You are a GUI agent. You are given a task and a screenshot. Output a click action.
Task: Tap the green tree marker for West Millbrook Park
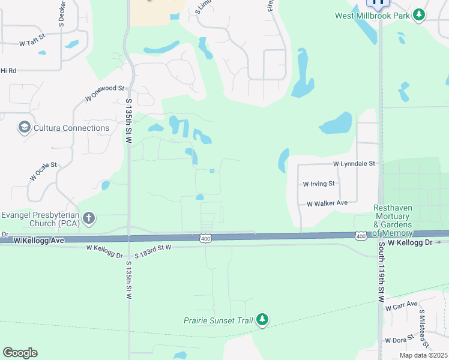pos(418,16)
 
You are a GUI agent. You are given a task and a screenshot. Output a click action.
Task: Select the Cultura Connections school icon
pos(24,128)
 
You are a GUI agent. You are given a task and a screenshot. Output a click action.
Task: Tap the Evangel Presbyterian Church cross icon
pos(89,218)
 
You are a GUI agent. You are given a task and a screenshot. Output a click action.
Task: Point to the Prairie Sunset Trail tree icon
pos(262,320)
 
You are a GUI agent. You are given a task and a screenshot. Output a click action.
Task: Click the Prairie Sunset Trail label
pos(218,320)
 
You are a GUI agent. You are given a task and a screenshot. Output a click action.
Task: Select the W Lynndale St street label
pos(354,163)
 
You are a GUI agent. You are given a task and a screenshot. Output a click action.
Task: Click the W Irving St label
pos(319,184)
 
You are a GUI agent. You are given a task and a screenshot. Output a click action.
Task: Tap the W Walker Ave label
pos(327,203)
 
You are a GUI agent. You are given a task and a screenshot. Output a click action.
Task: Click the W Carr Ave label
pos(401,306)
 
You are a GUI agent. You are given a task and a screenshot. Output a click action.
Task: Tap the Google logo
pos(20,353)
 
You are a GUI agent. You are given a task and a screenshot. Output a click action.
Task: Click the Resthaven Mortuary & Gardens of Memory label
pos(393,220)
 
